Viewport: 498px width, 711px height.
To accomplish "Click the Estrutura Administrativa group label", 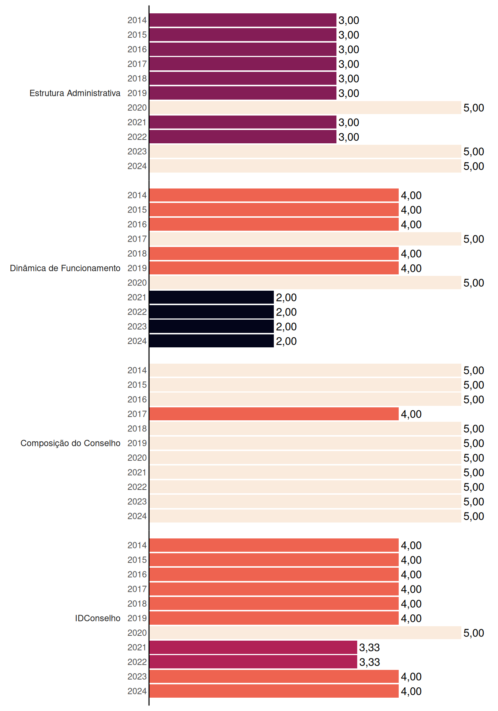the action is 75,93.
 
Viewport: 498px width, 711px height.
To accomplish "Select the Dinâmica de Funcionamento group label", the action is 65,268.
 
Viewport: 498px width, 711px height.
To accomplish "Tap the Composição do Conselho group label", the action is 70,443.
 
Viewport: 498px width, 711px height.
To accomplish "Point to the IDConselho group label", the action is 98,618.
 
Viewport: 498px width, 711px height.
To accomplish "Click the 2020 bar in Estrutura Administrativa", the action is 305,108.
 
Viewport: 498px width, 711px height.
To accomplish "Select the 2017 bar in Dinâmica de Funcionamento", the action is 305,239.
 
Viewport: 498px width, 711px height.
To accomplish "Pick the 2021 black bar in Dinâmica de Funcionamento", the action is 212,297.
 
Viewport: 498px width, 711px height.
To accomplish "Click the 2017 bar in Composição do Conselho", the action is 274,414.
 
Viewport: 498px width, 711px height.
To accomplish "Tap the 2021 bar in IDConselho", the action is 253,647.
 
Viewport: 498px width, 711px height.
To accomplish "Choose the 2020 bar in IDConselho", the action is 305,633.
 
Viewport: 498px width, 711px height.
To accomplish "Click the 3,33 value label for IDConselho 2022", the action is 369,662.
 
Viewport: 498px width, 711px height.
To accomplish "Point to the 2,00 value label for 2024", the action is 286,341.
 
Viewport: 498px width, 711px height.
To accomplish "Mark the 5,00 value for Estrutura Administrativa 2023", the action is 474,151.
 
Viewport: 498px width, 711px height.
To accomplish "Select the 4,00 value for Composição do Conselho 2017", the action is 411,414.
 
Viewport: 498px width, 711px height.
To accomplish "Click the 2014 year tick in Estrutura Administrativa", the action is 137,20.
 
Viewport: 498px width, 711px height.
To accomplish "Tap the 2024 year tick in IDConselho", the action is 137,691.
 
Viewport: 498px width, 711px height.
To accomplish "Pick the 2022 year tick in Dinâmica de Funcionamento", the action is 137,312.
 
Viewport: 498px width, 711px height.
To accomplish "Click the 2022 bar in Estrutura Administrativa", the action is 243,137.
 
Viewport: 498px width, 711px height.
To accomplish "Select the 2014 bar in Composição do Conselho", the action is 305,370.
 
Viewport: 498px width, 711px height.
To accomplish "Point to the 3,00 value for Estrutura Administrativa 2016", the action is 349,49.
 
